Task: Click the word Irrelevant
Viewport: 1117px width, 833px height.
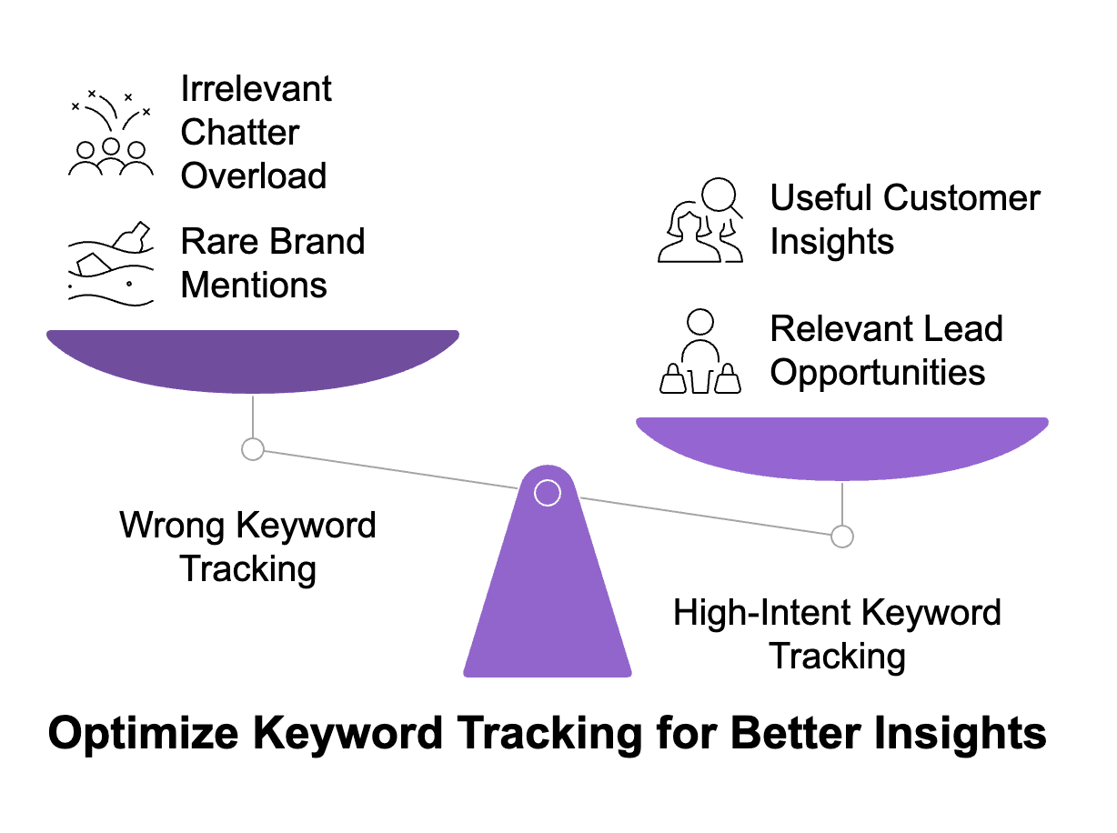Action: pyautogui.click(x=257, y=89)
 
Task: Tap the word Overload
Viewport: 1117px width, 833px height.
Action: pyautogui.click(x=254, y=176)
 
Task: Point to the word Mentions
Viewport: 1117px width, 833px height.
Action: pyautogui.click(x=254, y=285)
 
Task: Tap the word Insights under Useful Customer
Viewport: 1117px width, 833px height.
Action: pyautogui.click(x=831, y=242)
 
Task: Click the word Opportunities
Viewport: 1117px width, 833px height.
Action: pyautogui.click(x=878, y=372)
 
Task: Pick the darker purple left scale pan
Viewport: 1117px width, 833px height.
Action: pyautogui.click(x=252, y=359)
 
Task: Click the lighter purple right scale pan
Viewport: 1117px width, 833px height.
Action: pyautogui.click(x=841, y=447)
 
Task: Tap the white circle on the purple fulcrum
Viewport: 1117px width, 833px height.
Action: pyautogui.click(x=547, y=493)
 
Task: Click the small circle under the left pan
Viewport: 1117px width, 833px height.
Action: pyautogui.click(x=252, y=448)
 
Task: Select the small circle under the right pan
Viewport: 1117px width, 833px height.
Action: pyautogui.click(x=842, y=537)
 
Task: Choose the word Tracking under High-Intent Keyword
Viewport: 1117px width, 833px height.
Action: pyautogui.click(x=837, y=656)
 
